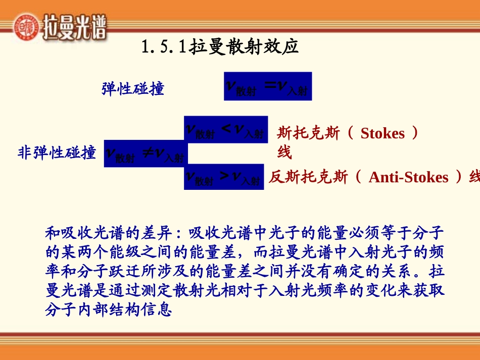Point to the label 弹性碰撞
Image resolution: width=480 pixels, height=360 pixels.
tap(133, 89)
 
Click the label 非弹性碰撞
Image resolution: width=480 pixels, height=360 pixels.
tap(57, 152)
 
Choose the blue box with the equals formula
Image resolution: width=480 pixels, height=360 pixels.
tap(268, 86)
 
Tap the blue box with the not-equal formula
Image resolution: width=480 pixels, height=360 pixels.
tap(145, 153)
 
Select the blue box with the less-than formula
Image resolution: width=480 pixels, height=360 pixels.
tap(225, 130)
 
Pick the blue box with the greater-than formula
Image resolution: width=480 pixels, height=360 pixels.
tap(224, 177)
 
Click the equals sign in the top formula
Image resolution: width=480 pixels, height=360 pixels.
tap(271, 86)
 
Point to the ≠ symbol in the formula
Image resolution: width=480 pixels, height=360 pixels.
tap(148, 152)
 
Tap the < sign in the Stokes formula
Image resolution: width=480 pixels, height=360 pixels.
tap(226, 129)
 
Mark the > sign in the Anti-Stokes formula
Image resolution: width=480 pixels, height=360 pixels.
tap(224, 176)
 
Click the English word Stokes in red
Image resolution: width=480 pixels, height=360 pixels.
tap(382, 133)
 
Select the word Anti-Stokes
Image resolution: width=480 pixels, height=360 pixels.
tap(408, 177)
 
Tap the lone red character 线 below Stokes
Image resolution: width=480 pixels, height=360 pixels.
tap(284, 151)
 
